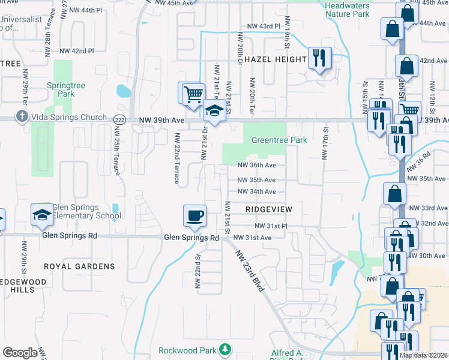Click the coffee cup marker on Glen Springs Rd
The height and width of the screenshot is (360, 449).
tap(194, 216)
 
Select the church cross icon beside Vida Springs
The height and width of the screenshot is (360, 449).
tap(22, 116)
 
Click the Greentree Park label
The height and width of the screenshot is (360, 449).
tap(279, 140)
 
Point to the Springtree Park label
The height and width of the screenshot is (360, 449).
tap(66, 90)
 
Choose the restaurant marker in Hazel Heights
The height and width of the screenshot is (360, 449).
tap(319, 58)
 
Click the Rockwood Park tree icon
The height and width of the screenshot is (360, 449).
tap(225, 349)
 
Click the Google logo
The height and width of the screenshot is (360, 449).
tap(20, 353)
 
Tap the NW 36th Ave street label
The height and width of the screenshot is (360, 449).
tap(256, 166)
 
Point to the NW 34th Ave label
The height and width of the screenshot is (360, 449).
tap(256, 191)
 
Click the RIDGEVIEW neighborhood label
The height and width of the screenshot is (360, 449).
tap(268, 209)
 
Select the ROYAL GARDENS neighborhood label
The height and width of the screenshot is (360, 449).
tap(79, 266)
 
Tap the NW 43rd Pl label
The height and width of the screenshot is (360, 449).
tap(264, 26)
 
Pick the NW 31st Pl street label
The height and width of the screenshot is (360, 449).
tap(271, 226)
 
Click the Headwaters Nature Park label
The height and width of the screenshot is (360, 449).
tap(347, 10)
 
